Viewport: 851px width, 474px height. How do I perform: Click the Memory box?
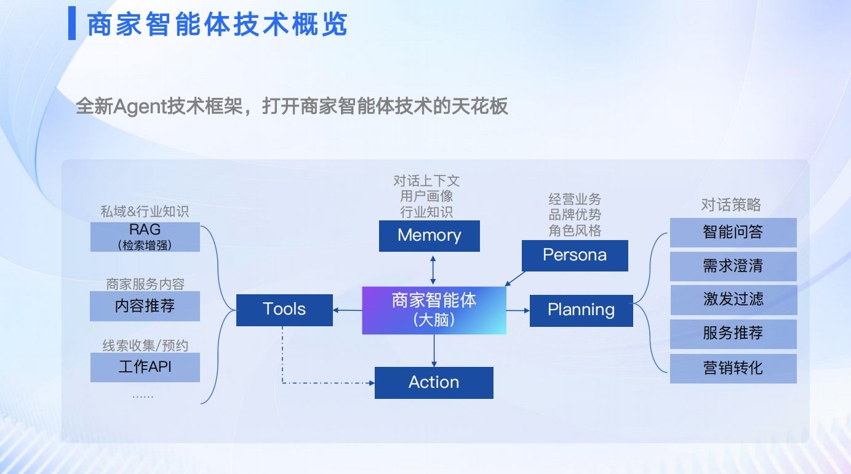point(429,236)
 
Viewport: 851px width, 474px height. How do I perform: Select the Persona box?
point(575,255)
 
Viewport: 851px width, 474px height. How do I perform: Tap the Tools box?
point(284,310)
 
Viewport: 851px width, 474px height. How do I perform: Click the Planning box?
point(581,310)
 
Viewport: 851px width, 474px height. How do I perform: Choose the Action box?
point(434,383)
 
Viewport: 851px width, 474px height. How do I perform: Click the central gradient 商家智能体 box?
point(434,310)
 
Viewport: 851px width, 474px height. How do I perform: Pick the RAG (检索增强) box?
point(145,237)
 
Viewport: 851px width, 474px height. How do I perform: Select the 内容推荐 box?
point(145,306)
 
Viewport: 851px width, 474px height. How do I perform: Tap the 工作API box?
point(145,367)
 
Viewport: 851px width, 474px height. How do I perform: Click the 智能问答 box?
point(733,232)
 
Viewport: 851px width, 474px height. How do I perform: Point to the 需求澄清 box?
point(733,266)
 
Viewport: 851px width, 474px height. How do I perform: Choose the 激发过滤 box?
point(733,300)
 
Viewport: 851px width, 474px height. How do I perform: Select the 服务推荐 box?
point(733,334)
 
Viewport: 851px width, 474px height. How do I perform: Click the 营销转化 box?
point(733,368)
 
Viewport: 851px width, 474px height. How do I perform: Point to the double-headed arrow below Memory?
point(433,270)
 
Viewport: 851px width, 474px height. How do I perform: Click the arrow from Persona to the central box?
point(515,279)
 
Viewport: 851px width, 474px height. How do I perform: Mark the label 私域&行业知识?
point(145,211)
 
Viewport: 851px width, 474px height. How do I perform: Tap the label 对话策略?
point(731,204)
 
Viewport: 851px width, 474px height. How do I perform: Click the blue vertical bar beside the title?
point(72,23)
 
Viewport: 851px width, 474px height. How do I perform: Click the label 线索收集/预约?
point(145,345)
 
